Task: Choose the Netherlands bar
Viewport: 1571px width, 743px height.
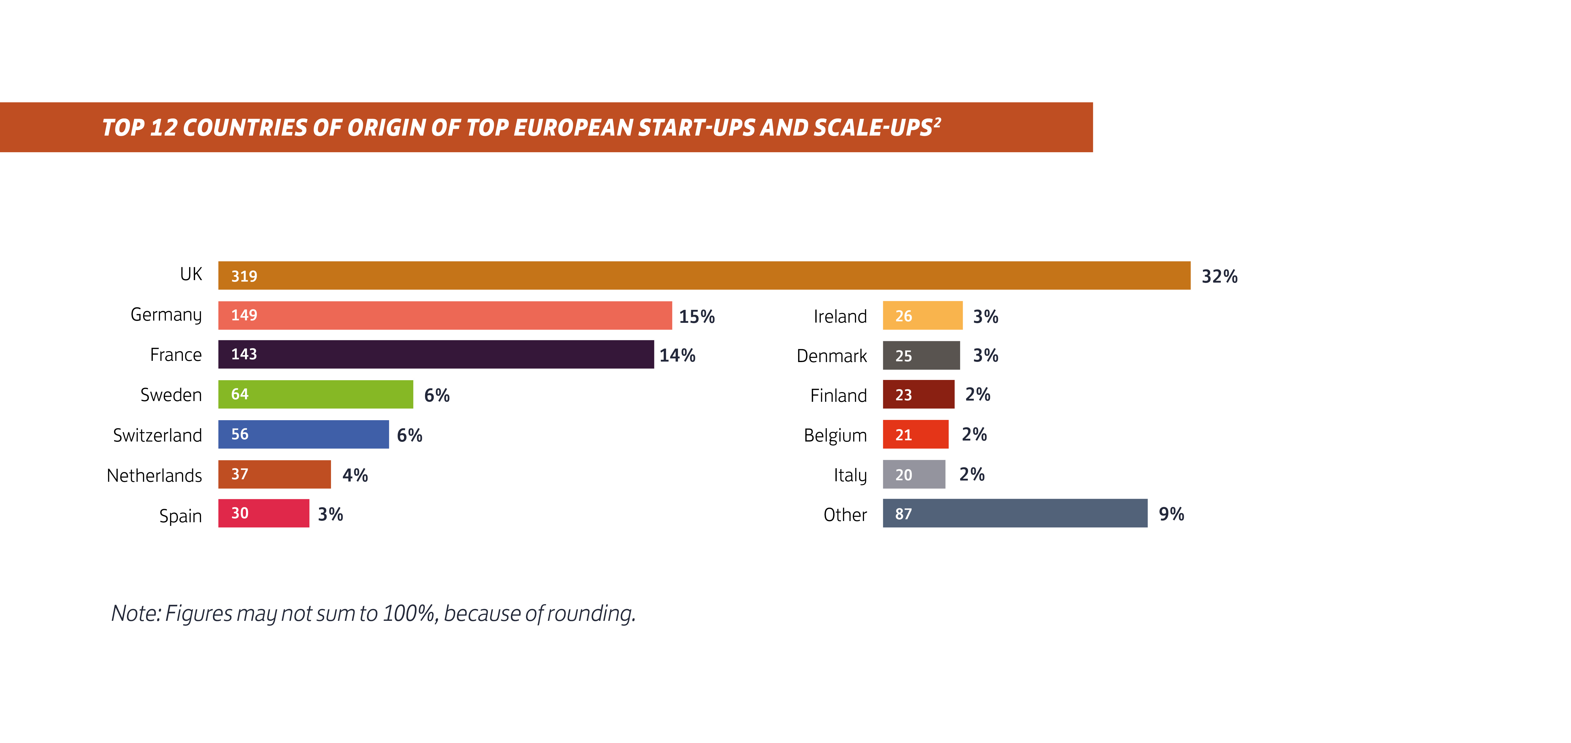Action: point(274,474)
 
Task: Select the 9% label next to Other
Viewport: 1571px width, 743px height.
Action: point(1171,514)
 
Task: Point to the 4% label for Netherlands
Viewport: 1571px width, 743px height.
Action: point(355,475)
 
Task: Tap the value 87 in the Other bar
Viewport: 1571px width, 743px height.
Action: point(903,514)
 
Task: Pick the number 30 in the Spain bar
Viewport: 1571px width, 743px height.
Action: point(240,513)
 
